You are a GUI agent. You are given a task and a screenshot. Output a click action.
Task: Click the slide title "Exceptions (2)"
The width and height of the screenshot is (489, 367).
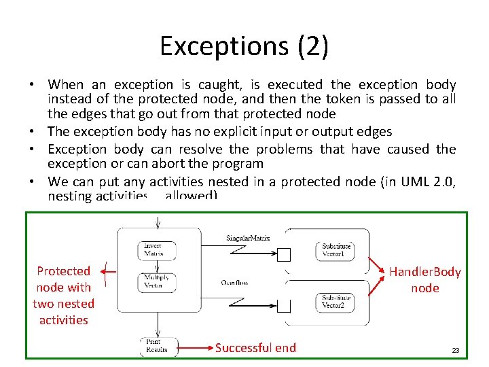pos(244,46)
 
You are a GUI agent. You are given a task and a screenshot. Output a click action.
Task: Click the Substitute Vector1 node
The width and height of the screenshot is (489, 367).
pos(334,249)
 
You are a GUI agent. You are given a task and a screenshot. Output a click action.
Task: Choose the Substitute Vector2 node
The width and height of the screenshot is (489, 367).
pos(334,301)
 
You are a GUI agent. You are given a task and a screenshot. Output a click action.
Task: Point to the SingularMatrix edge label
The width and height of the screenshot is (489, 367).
pos(248,238)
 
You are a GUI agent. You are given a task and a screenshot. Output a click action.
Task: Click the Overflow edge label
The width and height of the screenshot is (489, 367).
pos(235,282)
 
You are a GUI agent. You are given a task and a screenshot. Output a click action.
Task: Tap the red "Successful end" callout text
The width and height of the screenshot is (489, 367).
pos(255,348)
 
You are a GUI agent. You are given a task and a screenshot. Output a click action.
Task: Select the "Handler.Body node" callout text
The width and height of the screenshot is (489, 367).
pos(424,280)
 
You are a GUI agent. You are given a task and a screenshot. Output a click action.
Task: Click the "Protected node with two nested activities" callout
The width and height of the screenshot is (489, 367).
pos(63,295)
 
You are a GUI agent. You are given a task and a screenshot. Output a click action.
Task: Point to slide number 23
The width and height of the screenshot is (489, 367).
pos(456,351)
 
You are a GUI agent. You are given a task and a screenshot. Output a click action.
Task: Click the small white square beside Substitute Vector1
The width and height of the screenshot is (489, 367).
pos(285,255)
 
